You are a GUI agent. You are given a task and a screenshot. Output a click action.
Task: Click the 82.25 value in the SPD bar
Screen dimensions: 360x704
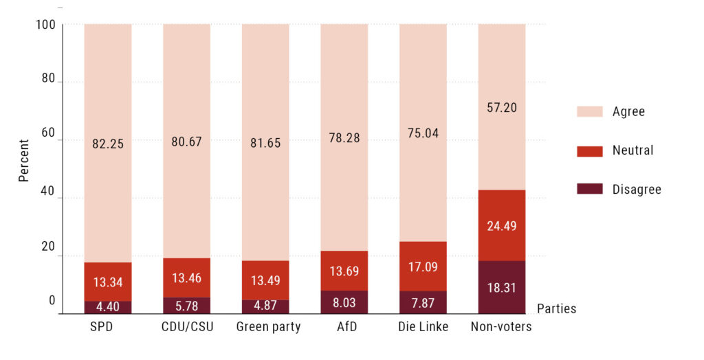[108, 144]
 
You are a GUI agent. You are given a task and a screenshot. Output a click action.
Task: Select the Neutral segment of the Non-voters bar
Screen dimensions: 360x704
[501, 225]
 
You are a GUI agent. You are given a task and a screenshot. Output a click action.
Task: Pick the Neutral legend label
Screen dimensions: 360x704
[632, 150]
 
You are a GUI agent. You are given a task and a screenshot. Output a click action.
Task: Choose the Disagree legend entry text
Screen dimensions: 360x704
[637, 190]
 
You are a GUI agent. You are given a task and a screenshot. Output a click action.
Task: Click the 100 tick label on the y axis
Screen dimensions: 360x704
[45, 25]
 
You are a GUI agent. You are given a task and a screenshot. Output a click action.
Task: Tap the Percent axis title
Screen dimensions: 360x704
[23, 160]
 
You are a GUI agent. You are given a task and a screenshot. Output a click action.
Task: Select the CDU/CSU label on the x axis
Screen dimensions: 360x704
[188, 327]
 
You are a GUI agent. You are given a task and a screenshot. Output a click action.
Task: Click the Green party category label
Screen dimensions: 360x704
[268, 327]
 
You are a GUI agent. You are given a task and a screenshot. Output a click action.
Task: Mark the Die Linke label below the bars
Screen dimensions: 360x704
[423, 327]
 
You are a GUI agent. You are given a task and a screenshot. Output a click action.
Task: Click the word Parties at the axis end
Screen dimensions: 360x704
[556, 308]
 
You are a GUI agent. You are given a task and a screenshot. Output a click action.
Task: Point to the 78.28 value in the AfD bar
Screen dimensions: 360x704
[344, 139]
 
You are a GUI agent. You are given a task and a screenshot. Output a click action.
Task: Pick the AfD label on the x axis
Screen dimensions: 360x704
[344, 327]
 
